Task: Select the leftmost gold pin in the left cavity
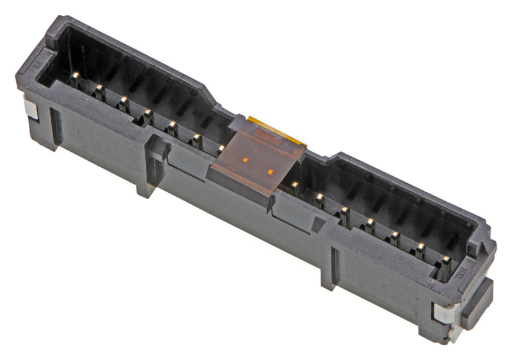point(76,76)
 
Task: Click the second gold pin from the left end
point(99,88)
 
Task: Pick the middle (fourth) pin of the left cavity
point(147,113)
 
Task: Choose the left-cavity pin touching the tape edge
point(221,149)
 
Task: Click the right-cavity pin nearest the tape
point(294,185)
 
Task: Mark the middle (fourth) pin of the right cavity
point(369,222)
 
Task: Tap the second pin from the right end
point(420,247)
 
